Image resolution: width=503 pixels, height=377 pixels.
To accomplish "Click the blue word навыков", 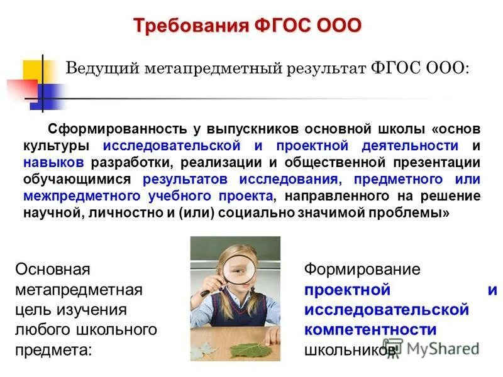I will tap(53, 163).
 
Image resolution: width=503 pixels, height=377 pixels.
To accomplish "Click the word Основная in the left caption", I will tap(53, 270).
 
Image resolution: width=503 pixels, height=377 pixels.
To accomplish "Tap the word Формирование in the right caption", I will tap(362, 270).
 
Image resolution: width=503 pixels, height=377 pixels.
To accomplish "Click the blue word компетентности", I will tap(370, 330).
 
